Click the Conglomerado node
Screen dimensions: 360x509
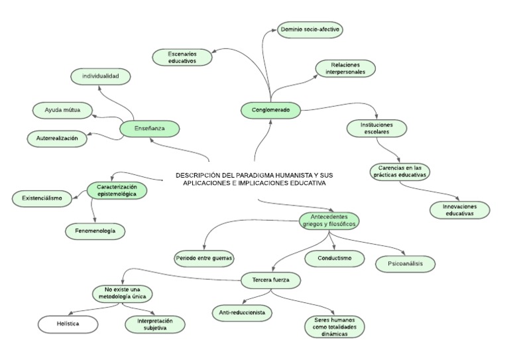[x=270, y=110]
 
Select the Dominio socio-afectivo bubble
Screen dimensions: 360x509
[x=311, y=30]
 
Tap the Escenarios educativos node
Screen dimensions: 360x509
[x=182, y=58]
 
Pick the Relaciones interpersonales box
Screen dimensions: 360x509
[x=345, y=68]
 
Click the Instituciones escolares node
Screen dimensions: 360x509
[x=376, y=128]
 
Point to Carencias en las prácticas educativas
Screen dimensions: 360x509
[x=400, y=171]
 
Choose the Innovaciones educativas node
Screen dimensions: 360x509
[x=459, y=210]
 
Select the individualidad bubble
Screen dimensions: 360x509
[x=101, y=77]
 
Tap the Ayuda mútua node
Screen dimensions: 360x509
[x=62, y=110]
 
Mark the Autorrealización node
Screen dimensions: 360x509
[x=57, y=139]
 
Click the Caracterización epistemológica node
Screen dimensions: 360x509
[x=117, y=191]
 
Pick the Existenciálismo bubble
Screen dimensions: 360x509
[x=42, y=198]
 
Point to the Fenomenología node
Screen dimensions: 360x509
[x=95, y=231]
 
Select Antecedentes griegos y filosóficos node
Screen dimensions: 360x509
[x=329, y=221]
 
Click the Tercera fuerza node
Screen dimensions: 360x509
[x=271, y=280]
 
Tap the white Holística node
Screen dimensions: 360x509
[x=68, y=324]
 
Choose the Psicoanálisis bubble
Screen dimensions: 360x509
[x=406, y=264]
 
